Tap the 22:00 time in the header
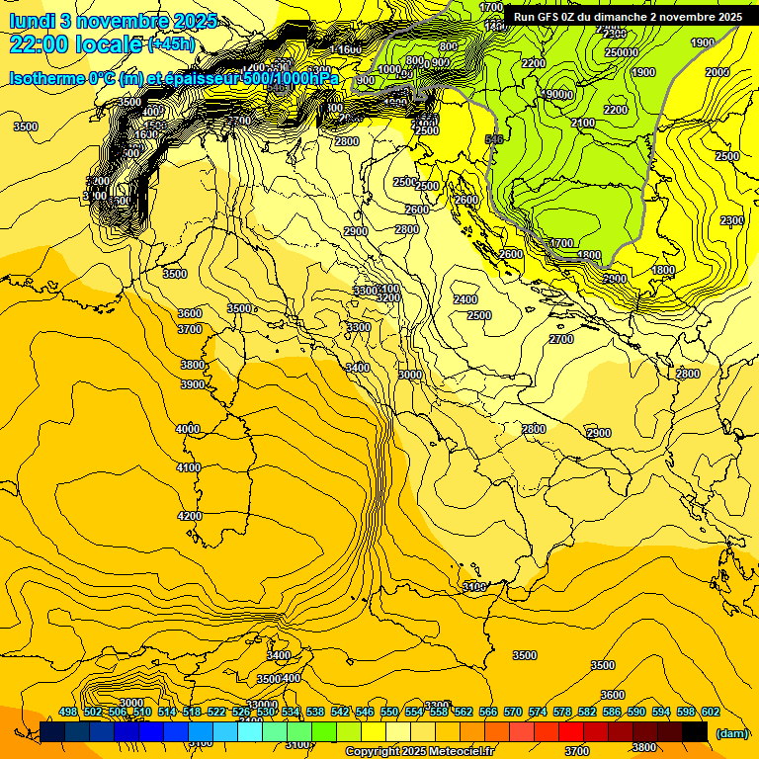[42, 44]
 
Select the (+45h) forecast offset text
[171, 44]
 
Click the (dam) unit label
[731, 733]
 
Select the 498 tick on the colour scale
[68, 713]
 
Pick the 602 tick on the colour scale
[711, 713]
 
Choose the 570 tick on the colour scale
[513, 713]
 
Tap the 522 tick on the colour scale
[216, 713]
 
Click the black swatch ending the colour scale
[695, 732]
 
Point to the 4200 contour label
[190, 517]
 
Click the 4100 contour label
[189, 467]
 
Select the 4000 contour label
[188, 430]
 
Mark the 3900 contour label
[193, 385]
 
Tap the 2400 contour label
[465, 299]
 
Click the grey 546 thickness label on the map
[495, 139]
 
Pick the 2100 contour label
[583, 123]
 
